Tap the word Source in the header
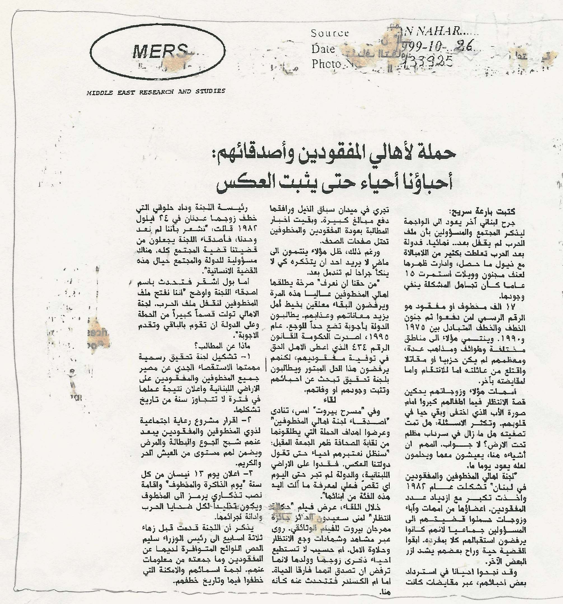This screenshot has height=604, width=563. click(330, 33)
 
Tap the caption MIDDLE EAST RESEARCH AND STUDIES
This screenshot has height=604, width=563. click(156, 91)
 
